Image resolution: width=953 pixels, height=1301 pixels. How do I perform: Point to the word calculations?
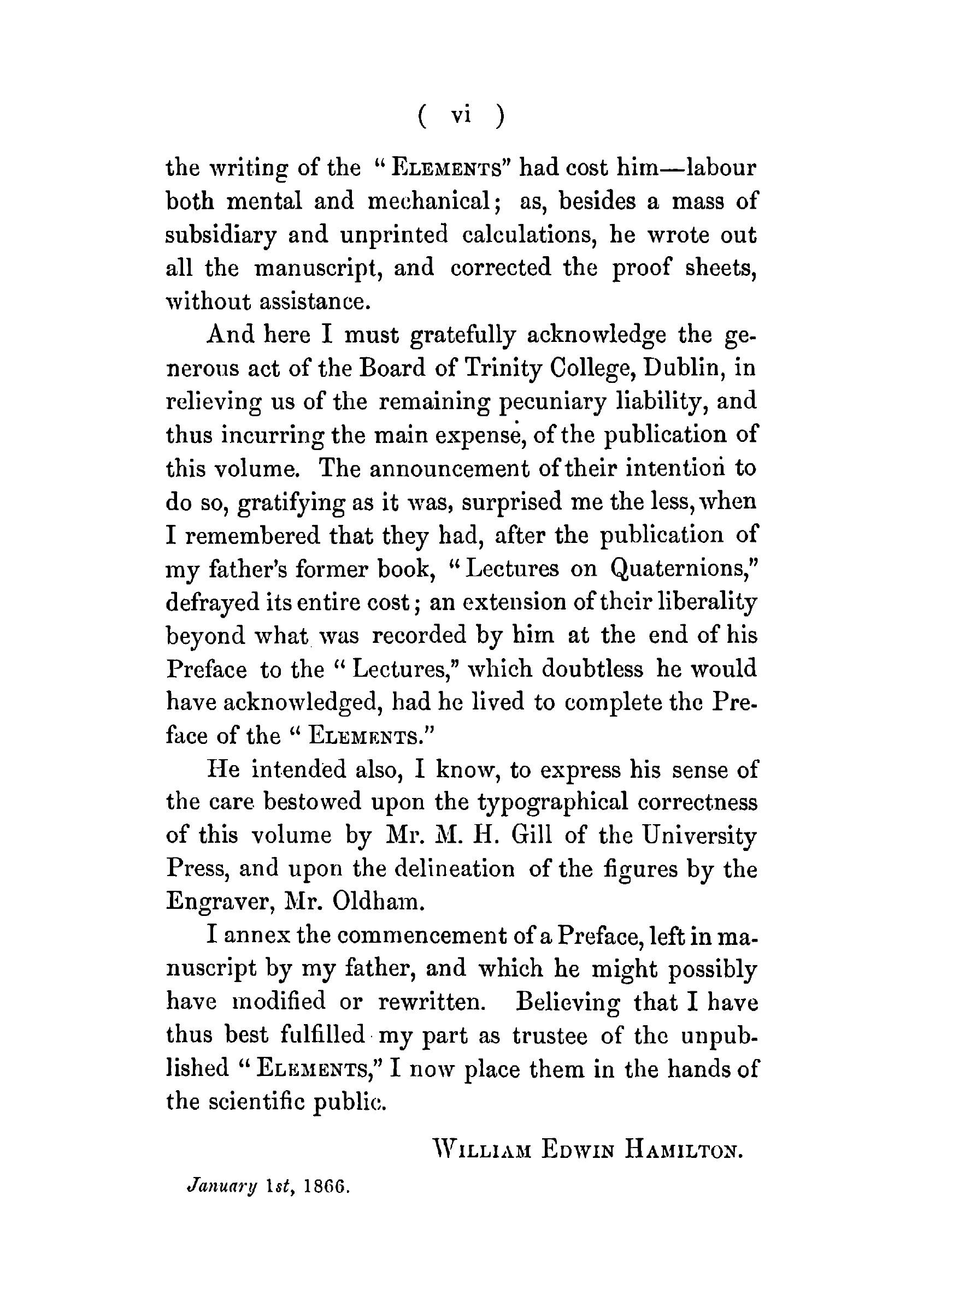[529, 235]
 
